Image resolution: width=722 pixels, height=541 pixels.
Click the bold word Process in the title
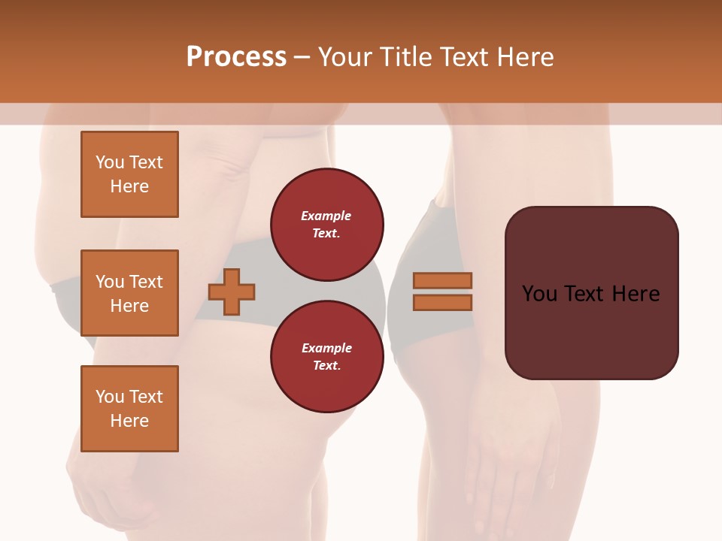click(x=236, y=57)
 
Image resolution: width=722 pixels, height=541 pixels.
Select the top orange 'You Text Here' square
click(x=129, y=174)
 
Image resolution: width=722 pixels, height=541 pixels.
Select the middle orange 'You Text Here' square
click(x=129, y=293)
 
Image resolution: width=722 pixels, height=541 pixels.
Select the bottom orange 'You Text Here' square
click(x=129, y=409)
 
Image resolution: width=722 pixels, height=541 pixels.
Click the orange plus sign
click(x=232, y=291)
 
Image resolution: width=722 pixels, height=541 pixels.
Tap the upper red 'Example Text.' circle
click(x=326, y=225)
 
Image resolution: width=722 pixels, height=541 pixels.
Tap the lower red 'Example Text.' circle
click(x=326, y=357)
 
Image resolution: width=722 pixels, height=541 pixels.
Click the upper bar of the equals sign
click(x=442, y=280)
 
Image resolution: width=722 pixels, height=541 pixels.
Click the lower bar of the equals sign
click(x=442, y=302)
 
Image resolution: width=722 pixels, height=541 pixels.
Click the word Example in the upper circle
click(x=326, y=216)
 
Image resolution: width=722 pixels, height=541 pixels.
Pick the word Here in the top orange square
click(x=129, y=186)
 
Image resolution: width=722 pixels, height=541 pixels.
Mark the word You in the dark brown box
click(x=539, y=294)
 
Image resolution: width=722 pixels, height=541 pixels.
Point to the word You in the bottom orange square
click(x=110, y=397)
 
